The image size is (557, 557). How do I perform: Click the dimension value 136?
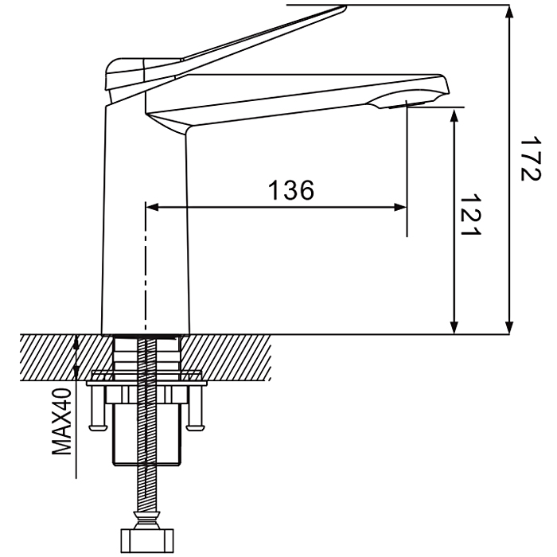tap(291, 190)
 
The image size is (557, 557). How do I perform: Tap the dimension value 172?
tap(530, 158)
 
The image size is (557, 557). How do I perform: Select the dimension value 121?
tap(470, 215)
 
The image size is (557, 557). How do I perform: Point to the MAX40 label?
tap(62, 421)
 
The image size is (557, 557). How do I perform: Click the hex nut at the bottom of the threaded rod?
tap(147, 540)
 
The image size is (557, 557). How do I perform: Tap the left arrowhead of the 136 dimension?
tap(152, 207)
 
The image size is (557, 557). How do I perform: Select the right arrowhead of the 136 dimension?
tap(400, 207)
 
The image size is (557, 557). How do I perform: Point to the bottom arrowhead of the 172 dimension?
tap(509, 328)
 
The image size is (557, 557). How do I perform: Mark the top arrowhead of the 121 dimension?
tap(454, 116)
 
